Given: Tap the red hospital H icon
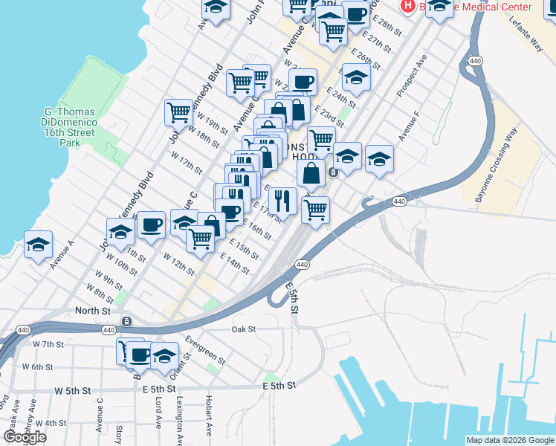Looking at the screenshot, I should pyautogui.click(x=407, y=6).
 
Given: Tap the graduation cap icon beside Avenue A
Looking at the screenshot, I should pyautogui.click(x=38, y=245).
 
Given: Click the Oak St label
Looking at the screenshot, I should pyautogui.click(x=243, y=329).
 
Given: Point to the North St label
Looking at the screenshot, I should pyautogui.click(x=92, y=310).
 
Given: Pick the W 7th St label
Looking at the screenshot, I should pyautogui.click(x=48, y=344).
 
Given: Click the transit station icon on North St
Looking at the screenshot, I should pyautogui.click(x=127, y=321).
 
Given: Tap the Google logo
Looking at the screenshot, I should pyautogui.click(x=25, y=437).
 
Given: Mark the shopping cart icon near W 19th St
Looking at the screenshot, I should pyautogui.click(x=178, y=112).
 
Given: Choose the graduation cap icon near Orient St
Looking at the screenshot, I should pyautogui.click(x=165, y=355).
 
